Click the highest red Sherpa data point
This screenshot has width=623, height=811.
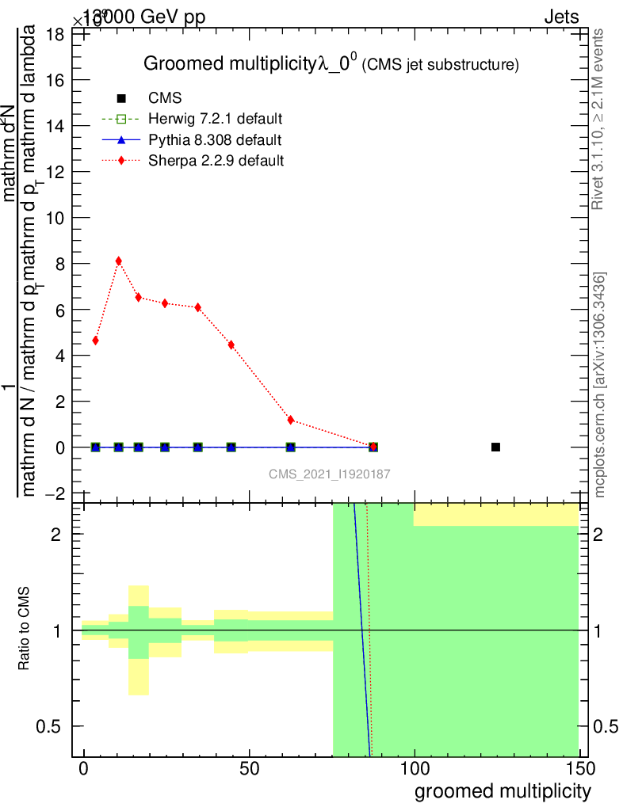[118, 261]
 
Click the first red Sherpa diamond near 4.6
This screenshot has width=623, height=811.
[95, 341]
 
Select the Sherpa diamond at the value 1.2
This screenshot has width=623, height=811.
[291, 420]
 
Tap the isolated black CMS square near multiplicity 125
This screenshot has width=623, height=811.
[495, 447]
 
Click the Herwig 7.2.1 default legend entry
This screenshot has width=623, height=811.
[215, 120]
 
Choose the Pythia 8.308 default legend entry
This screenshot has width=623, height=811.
[215, 140]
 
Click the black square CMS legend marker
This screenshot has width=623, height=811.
[121, 99]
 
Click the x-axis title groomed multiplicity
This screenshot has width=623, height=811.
[503, 790]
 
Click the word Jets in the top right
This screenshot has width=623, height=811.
[560, 17]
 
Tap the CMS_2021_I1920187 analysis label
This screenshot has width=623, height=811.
[329, 474]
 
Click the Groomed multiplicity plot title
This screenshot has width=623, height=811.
[331, 65]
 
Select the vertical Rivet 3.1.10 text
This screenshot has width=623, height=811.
[598, 119]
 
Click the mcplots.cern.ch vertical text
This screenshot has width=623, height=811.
[600, 384]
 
